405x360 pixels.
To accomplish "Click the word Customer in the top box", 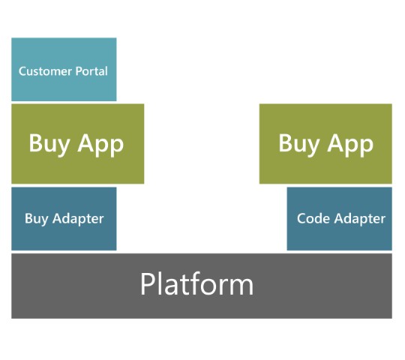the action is pyautogui.click(x=45, y=71).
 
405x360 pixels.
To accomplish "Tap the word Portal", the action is pyautogui.click(x=91, y=71).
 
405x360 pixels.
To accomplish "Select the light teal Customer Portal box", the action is pyautogui.click(x=64, y=70).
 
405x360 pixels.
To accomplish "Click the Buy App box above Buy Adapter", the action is pyautogui.click(x=78, y=144).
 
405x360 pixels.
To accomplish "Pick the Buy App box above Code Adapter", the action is pyautogui.click(x=325, y=144).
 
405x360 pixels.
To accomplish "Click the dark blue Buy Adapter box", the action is pyautogui.click(x=64, y=219).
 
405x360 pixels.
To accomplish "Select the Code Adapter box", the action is pyautogui.click(x=340, y=219).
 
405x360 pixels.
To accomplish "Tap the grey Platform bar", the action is pyautogui.click(x=202, y=286).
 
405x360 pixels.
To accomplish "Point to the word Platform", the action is pyautogui.click(x=196, y=283).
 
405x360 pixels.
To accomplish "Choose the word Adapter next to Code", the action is pyautogui.click(x=360, y=220).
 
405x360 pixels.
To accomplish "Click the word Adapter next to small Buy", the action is pyautogui.click(x=78, y=220).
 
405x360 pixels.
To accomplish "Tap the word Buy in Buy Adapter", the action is pyautogui.click(x=37, y=220).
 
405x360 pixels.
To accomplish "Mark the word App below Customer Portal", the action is pyautogui.click(x=100, y=145).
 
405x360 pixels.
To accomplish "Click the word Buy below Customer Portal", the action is pyautogui.click(x=49, y=145).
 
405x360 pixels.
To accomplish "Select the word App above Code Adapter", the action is pyautogui.click(x=350, y=145).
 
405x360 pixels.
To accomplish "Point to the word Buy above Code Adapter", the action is pyautogui.click(x=299, y=145).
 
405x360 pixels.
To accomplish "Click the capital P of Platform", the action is pyautogui.click(x=148, y=283).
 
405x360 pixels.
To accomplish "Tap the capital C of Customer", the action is pyautogui.click(x=22, y=71).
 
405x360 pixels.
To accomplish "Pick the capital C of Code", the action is pyautogui.click(x=301, y=218).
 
